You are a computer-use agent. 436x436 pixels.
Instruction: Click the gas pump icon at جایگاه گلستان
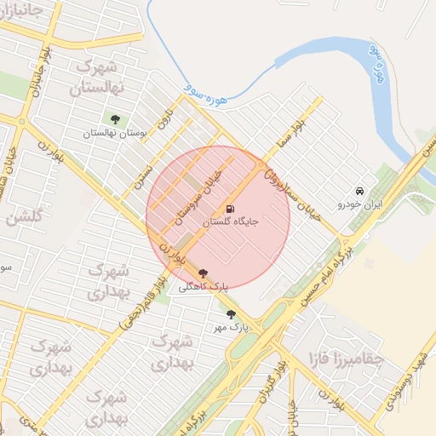230,209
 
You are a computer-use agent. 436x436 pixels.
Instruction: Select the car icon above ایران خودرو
361,191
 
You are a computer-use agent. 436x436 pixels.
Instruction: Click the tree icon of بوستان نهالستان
116,119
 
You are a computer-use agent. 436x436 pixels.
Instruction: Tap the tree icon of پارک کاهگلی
203,273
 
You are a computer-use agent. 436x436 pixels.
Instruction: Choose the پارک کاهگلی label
204,287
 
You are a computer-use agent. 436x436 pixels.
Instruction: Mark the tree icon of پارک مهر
231,314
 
